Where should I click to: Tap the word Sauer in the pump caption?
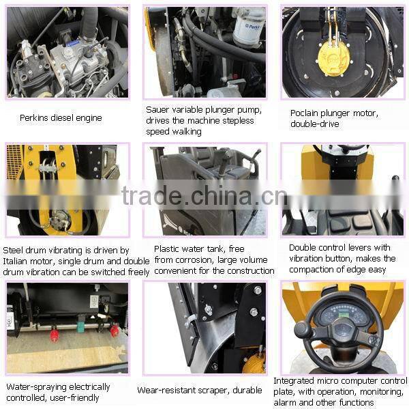click(158, 109)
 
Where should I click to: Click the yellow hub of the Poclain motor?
click(334, 57)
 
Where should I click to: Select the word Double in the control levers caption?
click(303, 248)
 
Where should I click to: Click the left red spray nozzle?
click(54, 335)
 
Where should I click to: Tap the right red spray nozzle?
click(114, 330)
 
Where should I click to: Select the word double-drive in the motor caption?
click(316, 123)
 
